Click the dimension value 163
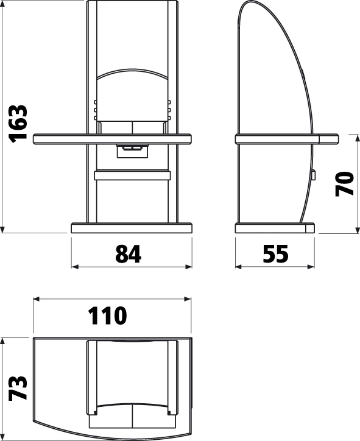click(x=18, y=124)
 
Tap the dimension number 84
click(x=129, y=253)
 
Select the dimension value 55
click(x=275, y=253)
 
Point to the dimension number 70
click(x=345, y=184)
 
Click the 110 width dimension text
click(x=107, y=316)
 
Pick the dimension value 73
click(x=18, y=388)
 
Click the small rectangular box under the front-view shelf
click(x=132, y=151)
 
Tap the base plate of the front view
click(x=132, y=228)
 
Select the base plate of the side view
click(x=275, y=228)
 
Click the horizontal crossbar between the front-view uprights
click(x=132, y=175)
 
